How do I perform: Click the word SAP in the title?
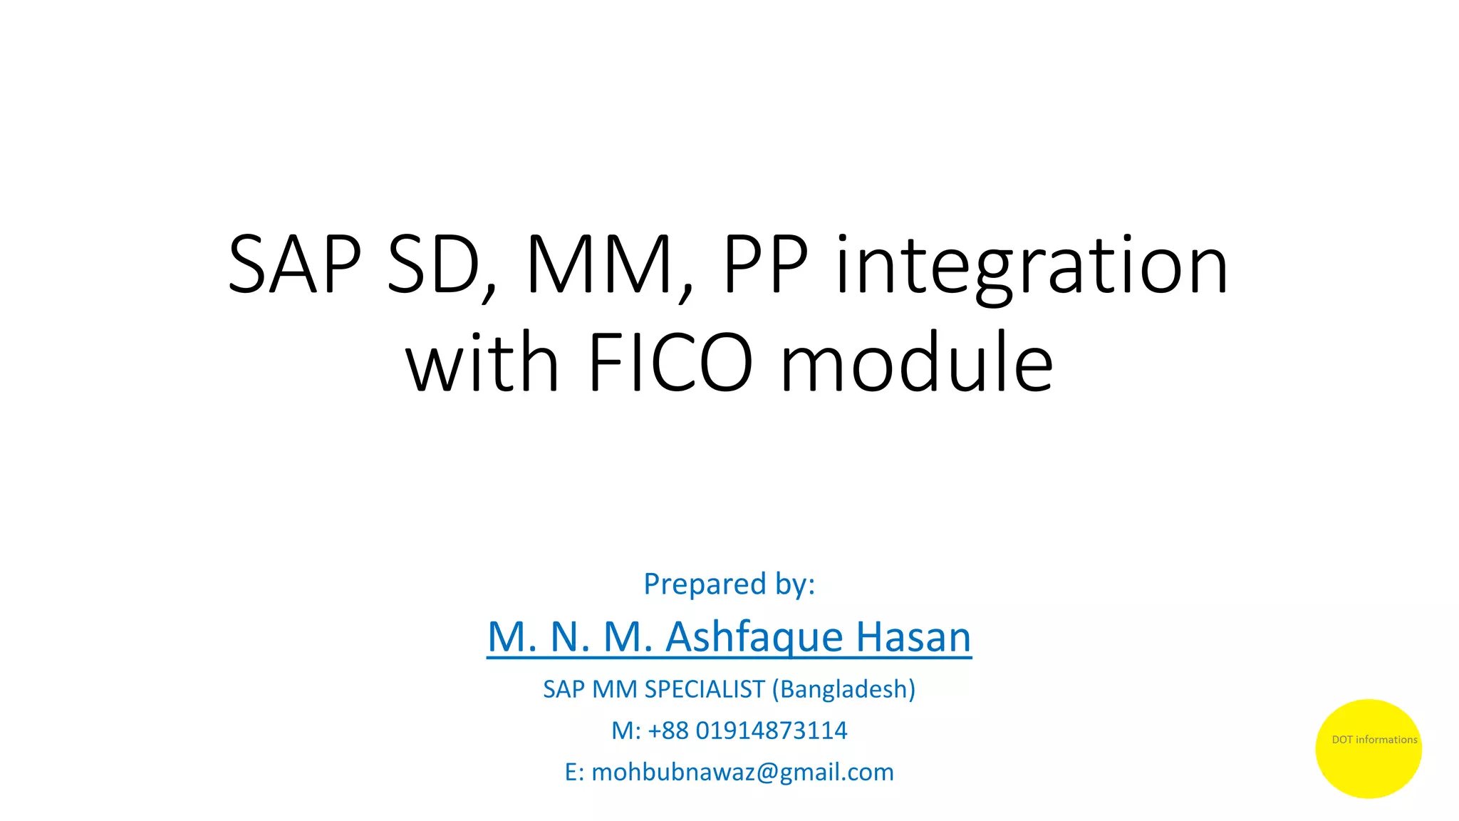click(x=294, y=265)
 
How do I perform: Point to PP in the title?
click(x=766, y=265)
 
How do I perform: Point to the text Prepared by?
click(x=729, y=584)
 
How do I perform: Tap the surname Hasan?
click(x=913, y=636)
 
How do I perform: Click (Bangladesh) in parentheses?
click(x=843, y=689)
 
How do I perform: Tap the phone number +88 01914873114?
click(x=747, y=730)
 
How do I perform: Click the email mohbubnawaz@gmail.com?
click(x=742, y=772)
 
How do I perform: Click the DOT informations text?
click(x=1374, y=740)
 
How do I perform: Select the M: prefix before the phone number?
click(x=626, y=730)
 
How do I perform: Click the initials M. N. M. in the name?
click(x=570, y=636)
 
